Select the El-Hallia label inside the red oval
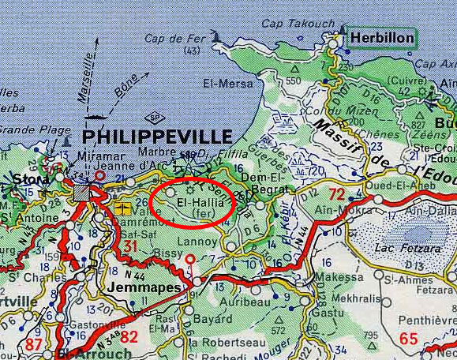(193, 203)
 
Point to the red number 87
(35, 344)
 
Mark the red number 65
(409, 339)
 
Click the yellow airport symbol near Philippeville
(122, 208)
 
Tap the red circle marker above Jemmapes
(189, 260)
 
